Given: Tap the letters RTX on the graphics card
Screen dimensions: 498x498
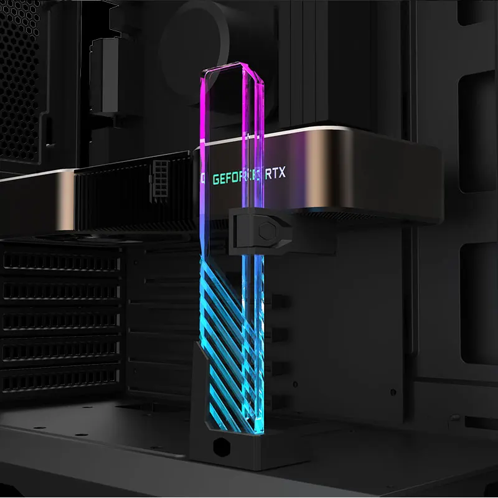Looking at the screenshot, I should tap(275, 174).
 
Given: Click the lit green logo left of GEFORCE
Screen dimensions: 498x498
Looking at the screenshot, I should tap(203, 179).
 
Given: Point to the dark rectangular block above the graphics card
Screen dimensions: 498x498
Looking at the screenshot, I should tap(105, 75).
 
